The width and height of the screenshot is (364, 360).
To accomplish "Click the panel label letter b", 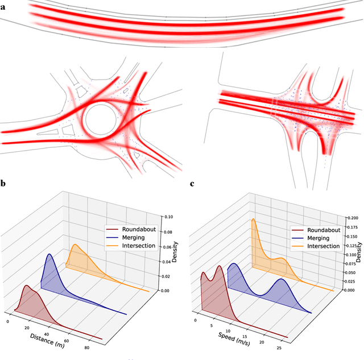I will pos(3,184).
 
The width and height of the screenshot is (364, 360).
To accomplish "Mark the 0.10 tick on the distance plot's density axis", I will pos(169,217).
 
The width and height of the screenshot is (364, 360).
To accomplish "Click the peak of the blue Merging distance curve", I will pos(49,254).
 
